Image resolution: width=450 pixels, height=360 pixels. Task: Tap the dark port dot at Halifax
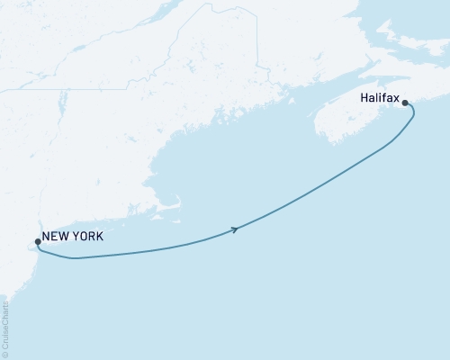406,103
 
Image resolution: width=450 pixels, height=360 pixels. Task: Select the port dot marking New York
37,241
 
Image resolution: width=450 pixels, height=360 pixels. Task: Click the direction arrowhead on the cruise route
235,230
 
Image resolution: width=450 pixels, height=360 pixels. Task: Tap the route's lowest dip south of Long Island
76,258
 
